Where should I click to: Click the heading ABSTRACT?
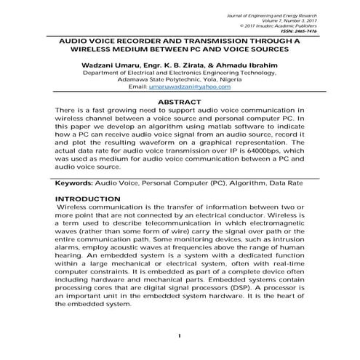[x=180, y=103]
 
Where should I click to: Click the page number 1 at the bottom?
[x=179, y=335]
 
